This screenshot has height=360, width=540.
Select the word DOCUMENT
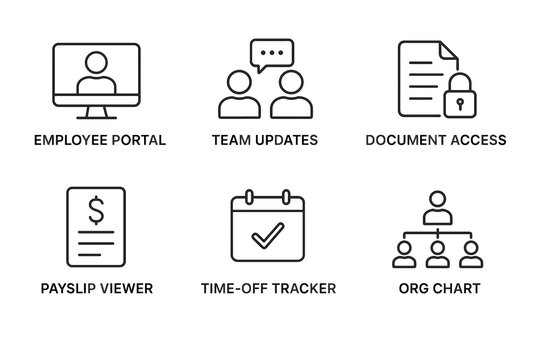tap(404, 139)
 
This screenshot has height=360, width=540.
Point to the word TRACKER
tap(300, 289)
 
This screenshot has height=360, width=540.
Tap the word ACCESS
tap(477, 139)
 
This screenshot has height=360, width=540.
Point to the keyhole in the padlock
tap(460, 102)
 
